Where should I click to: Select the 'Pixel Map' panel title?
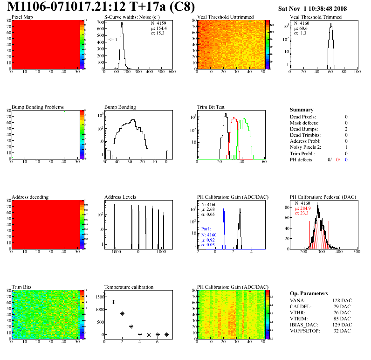click(x=22, y=17)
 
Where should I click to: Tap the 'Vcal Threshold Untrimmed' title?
click(x=226, y=17)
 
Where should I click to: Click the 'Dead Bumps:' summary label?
click(x=303, y=129)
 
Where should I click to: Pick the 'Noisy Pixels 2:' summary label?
click(x=307, y=147)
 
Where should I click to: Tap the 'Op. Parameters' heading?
click(x=309, y=293)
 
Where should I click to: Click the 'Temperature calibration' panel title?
click(x=129, y=287)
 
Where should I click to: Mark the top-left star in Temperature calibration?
click(x=104, y=294)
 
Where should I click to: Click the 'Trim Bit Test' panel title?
click(x=211, y=107)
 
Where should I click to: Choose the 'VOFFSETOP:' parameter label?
click(x=305, y=331)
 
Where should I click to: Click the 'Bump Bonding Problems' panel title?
click(x=38, y=107)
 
